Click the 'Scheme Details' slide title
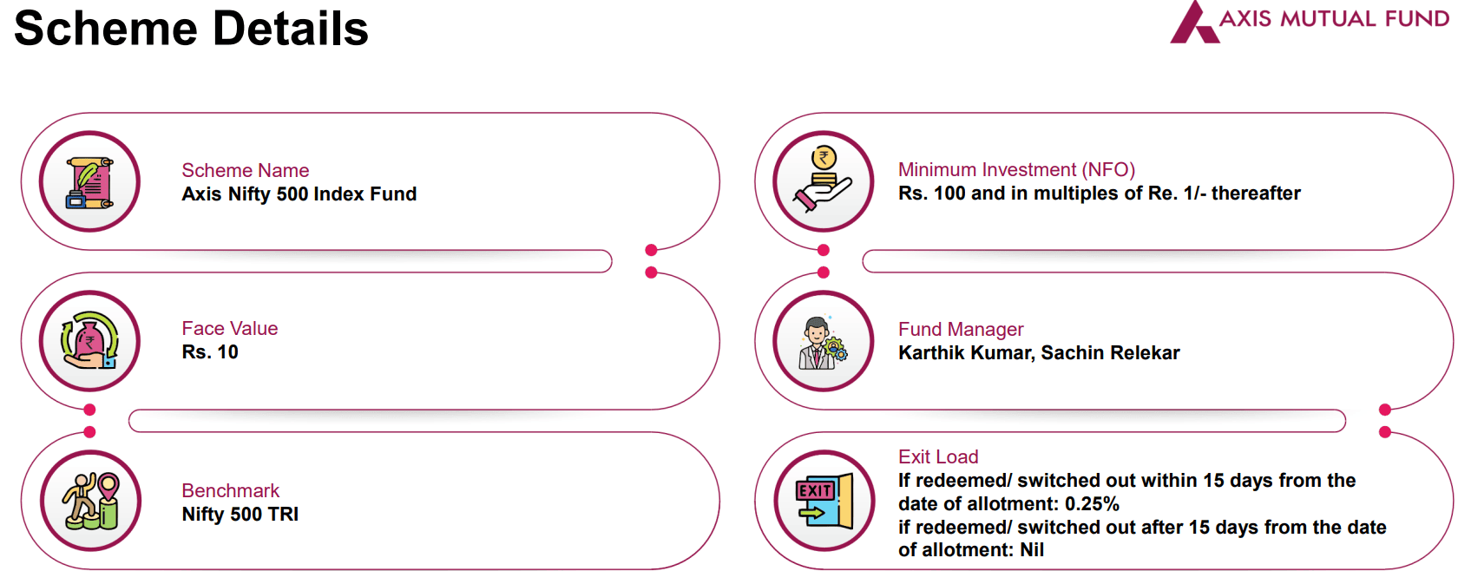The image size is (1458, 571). pyautogui.click(x=191, y=29)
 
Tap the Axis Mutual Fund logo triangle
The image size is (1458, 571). pyautogui.click(x=1193, y=24)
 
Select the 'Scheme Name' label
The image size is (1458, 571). pyautogui.click(x=245, y=170)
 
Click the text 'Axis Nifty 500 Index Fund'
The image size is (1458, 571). pyautogui.click(x=299, y=194)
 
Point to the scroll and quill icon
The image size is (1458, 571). pyautogui.click(x=89, y=181)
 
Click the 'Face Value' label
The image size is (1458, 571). pyautogui.click(x=229, y=328)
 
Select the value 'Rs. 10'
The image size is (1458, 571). pyautogui.click(x=210, y=351)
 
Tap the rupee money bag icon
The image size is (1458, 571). pyautogui.click(x=89, y=341)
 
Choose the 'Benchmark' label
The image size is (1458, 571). pyautogui.click(x=230, y=490)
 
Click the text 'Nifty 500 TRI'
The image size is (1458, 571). pyautogui.click(x=240, y=514)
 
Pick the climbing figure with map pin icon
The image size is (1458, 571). pyautogui.click(x=90, y=501)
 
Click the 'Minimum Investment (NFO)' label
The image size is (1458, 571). pyautogui.click(x=1016, y=169)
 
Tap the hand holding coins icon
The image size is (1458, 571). pyautogui.click(x=823, y=180)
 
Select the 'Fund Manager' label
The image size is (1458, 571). pyautogui.click(x=961, y=329)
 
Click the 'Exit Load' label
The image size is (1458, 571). pyautogui.click(x=938, y=456)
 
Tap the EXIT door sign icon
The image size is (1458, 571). pyautogui.click(x=824, y=501)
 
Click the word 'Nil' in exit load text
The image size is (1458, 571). pyautogui.click(x=1032, y=549)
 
